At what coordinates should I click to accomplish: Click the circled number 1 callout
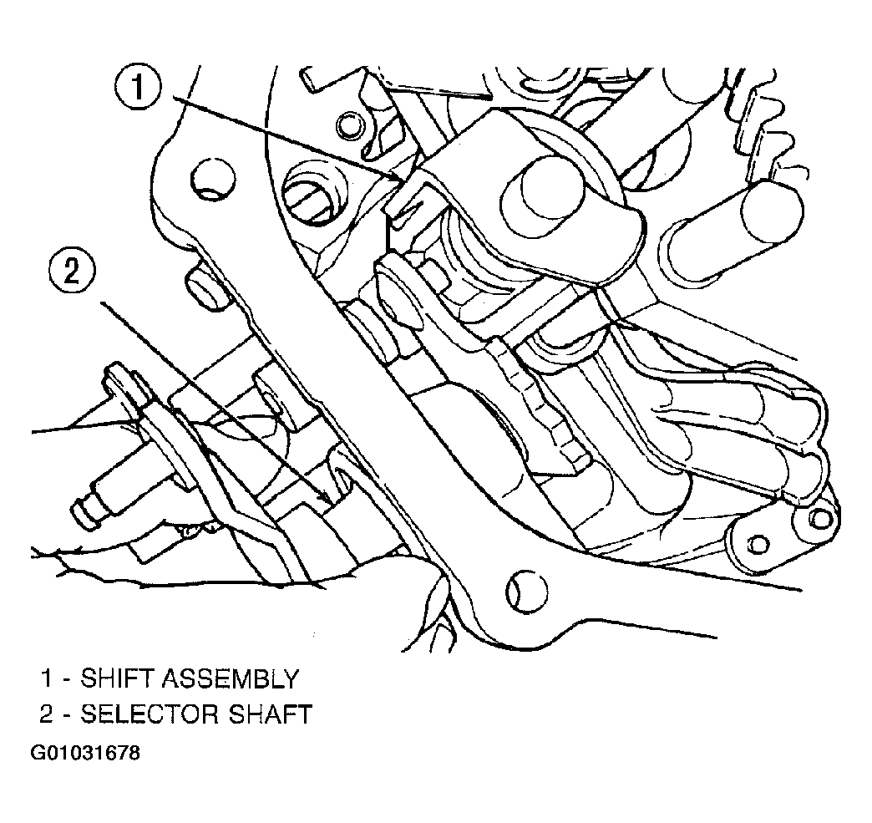[x=139, y=89]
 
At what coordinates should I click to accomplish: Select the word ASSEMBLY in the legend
[x=231, y=679]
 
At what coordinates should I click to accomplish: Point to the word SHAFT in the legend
[x=262, y=714]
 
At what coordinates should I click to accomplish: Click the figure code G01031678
[x=85, y=754]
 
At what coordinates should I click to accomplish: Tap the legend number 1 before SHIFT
[x=48, y=679]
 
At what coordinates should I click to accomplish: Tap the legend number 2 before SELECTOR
[x=47, y=714]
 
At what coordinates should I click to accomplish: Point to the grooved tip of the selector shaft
[x=86, y=508]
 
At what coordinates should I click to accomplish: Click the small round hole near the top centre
[x=350, y=125]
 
